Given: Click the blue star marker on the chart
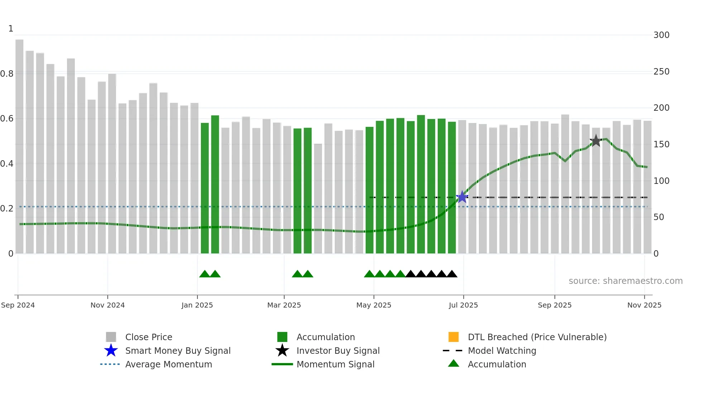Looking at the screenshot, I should click(462, 197).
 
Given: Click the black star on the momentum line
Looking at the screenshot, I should click(596, 141).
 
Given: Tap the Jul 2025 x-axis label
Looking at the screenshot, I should click(463, 305).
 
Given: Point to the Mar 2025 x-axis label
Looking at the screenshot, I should click(284, 305).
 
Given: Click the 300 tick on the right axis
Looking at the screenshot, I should click(661, 35).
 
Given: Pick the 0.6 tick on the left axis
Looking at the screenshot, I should click(7, 119).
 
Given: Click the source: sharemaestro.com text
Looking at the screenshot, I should click(625, 281).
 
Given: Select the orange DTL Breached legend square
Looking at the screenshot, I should click(453, 337).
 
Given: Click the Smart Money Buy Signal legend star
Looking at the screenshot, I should click(111, 351).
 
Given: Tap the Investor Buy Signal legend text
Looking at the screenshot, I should click(338, 351).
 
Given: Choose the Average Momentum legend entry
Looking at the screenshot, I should click(168, 364).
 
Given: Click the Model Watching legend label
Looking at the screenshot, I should click(502, 351).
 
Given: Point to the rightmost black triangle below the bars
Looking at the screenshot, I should click(452, 274).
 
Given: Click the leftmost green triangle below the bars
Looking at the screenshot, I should click(205, 274).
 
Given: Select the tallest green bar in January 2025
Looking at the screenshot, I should click(215, 184).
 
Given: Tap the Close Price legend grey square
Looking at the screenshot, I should click(111, 337).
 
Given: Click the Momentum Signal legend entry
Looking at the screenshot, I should click(335, 364).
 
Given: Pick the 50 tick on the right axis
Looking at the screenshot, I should click(659, 217).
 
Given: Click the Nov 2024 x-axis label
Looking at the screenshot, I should click(107, 305).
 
